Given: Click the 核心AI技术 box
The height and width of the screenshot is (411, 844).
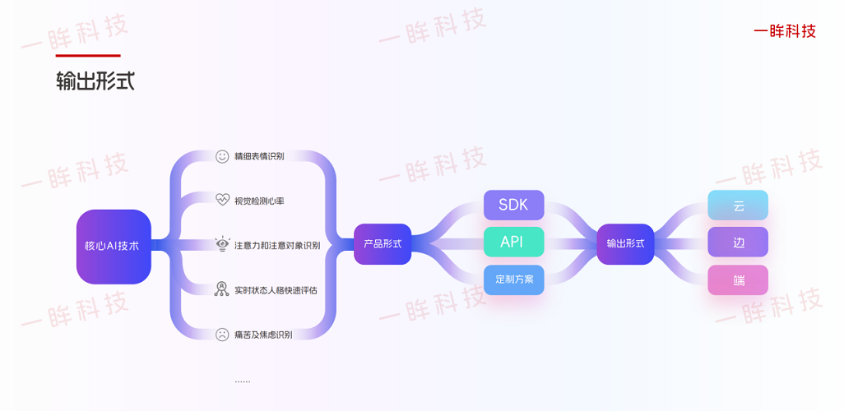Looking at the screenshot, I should pyautogui.click(x=114, y=246).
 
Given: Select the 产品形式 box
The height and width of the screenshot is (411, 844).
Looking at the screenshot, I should pyautogui.click(x=382, y=244).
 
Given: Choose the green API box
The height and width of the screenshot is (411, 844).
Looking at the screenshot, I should pyautogui.click(x=513, y=242).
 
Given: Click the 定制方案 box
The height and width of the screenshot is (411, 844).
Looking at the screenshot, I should pyautogui.click(x=513, y=279).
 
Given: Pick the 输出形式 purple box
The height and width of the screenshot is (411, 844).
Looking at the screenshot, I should pyautogui.click(x=625, y=244).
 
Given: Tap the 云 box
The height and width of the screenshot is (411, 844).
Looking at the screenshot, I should pyautogui.click(x=738, y=205).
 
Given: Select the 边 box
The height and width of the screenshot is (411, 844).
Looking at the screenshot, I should pyautogui.click(x=738, y=242).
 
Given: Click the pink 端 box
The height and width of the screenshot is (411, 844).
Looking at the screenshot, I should pyautogui.click(x=738, y=280).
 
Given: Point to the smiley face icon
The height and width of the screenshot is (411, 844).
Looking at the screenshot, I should pyautogui.click(x=222, y=156).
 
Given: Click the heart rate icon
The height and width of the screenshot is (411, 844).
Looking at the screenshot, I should pyautogui.click(x=222, y=200).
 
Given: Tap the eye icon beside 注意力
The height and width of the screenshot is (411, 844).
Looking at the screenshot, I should pyautogui.click(x=222, y=244).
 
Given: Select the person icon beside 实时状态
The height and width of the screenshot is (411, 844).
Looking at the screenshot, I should pyautogui.click(x=222, y=289).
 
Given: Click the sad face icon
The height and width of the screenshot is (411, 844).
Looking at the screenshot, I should pyautogui.click(x=222, y=335).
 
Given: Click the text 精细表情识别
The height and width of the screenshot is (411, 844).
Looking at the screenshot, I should pyautogui.click(x=259, y=156).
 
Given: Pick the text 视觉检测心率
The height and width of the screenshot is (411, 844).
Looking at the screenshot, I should pyautogui.click(x=259, y=201).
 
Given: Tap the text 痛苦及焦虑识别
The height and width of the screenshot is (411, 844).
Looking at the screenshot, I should pyautogui.click(x=263, y=335).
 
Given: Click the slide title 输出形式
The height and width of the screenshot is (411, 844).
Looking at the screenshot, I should pyautogui.click(x=95, y=81).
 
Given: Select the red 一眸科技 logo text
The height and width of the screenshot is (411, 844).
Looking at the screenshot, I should pyautogui.click(x=785, y=31).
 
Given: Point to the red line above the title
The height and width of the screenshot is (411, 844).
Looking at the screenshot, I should pyautogui.click(x=88, y=56).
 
